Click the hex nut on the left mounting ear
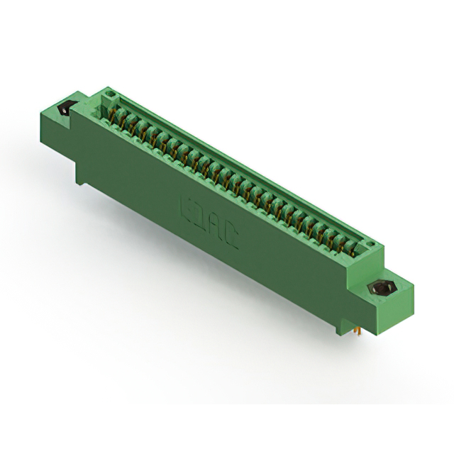[x=62, y=110]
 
